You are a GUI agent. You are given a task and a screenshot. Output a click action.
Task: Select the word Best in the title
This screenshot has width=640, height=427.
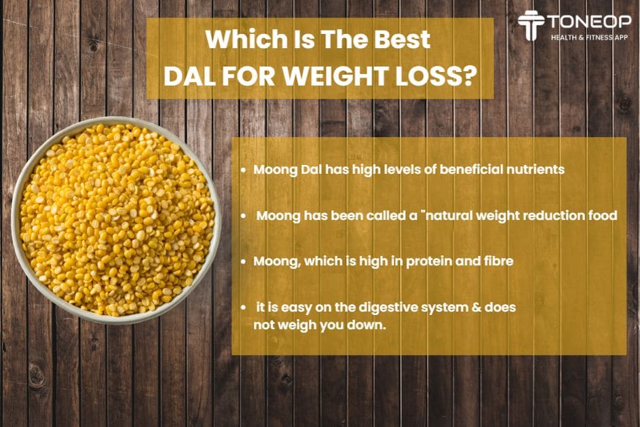[x=402, y=39]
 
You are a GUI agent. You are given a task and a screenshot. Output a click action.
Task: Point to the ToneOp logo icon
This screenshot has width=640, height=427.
[x=531, y=25]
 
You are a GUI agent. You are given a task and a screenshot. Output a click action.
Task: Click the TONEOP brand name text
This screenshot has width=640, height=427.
[x=589, y=22]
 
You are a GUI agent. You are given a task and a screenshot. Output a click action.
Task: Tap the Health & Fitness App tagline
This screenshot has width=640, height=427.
[x=589, y=37]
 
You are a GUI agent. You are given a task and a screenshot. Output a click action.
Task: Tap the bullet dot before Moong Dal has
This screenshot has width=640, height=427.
[x=244, y=170]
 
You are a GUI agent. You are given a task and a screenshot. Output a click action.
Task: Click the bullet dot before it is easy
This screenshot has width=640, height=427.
[x=244, y=307]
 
